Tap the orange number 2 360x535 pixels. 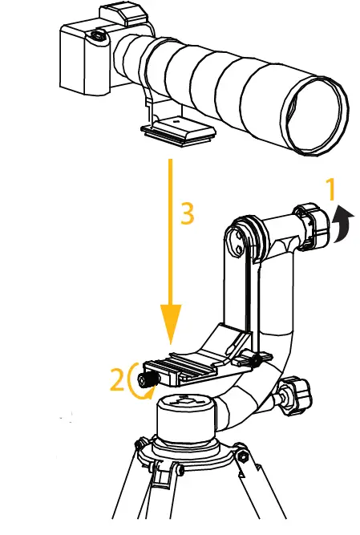[118, 379]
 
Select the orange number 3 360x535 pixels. [186, 213]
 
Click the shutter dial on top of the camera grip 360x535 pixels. [98, 34]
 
